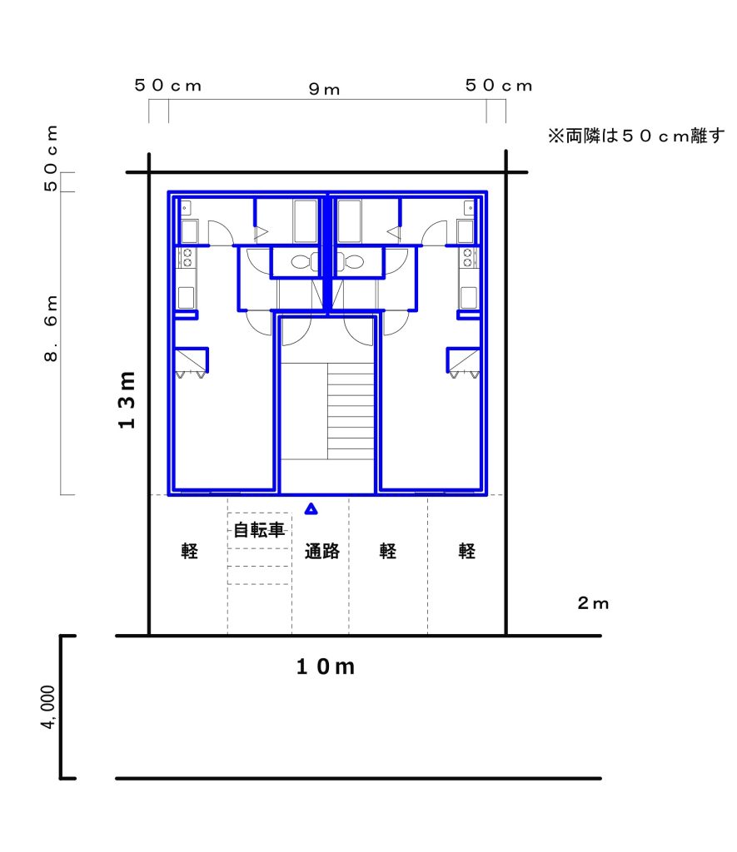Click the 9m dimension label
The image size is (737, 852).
click(324, 89)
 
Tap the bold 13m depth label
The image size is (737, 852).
click(127, 400)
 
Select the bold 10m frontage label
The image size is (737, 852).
click(326, 666)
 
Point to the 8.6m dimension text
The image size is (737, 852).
click(51, 329)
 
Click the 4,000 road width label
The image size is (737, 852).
click(47, 707)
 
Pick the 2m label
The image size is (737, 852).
click(593, 603)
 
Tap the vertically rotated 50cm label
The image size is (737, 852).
click(51, 158)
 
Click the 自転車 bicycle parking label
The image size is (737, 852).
click(260, 530)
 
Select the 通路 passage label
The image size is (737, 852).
click(322, 551)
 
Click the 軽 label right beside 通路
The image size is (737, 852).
click(388, 551)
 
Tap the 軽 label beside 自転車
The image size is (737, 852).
click(189, 551)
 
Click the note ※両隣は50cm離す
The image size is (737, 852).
click(636, 136)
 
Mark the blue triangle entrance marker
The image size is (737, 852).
click(311, 509)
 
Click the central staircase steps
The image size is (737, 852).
click(351, 411)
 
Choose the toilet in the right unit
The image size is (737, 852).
click(349, 262)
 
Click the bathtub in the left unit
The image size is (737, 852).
click(305, 221)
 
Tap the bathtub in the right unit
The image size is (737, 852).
click(349, 221)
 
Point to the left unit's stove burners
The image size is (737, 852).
click(187, 258)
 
